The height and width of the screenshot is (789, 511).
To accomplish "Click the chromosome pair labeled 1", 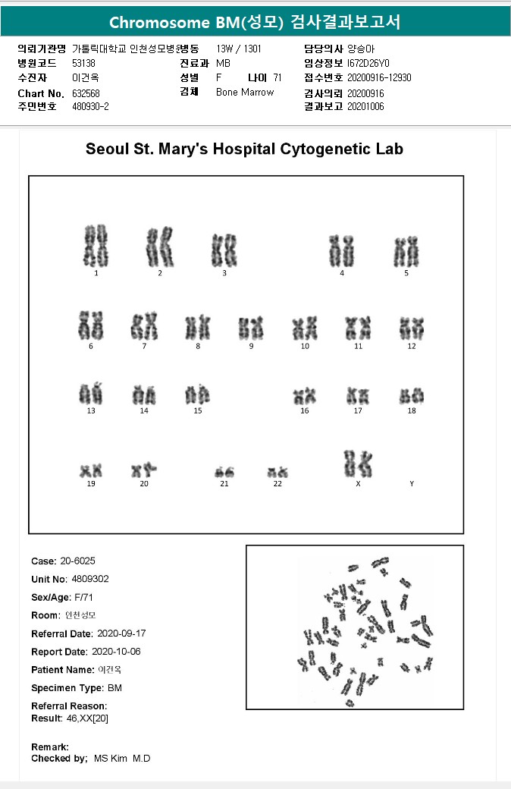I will [96, 246].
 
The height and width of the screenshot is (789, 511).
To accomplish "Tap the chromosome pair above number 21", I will [224, 472].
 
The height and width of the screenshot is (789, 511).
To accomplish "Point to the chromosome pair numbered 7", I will [144, 327].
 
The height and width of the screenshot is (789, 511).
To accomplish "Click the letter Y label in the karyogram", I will [412, 483].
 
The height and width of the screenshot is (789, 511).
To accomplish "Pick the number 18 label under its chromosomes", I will [412, 410].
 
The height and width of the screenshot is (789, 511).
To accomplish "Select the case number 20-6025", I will [78, 561].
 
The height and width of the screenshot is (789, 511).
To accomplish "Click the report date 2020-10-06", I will [116, 652].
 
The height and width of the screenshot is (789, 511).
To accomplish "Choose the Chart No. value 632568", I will [87, 93].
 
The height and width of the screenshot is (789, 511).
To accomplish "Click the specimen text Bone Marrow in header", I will [245, 93].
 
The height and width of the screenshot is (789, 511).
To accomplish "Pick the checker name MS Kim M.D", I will [122, 759].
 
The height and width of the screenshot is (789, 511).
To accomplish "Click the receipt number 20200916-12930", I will [379, 77].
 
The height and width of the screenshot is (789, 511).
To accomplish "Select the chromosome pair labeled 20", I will [144, 470].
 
